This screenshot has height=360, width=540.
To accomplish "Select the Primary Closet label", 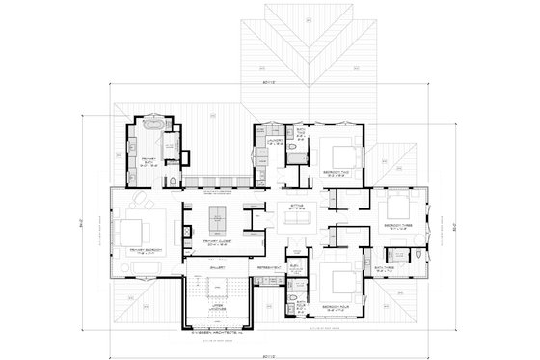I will click(218, 244).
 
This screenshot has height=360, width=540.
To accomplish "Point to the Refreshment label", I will click(269, 265).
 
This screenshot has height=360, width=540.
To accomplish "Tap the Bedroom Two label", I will click(336, 177).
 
